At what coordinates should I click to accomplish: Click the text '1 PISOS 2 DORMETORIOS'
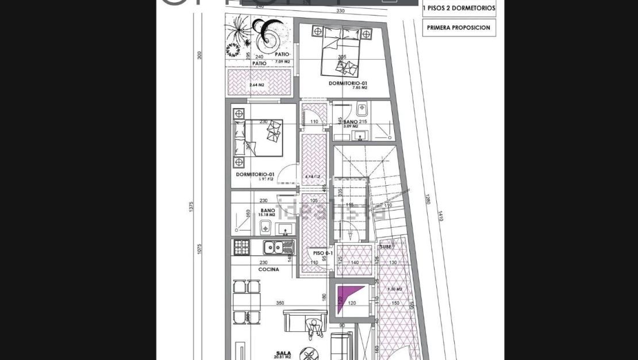tap(459, 9)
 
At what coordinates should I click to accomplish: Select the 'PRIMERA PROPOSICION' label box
tap(459, 28)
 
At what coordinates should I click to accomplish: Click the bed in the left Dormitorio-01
tap(258, 137)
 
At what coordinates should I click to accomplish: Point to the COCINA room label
tap(268, 269)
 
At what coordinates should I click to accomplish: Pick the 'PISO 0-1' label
tap(323, 253)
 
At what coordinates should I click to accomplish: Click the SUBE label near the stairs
tap(385, 247)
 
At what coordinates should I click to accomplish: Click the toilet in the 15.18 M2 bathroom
tap(265, 228)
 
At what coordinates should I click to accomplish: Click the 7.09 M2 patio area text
tap(282, 61)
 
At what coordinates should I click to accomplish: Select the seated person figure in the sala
tap(313, 328)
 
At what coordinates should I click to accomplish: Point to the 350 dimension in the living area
tap(280, 302)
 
